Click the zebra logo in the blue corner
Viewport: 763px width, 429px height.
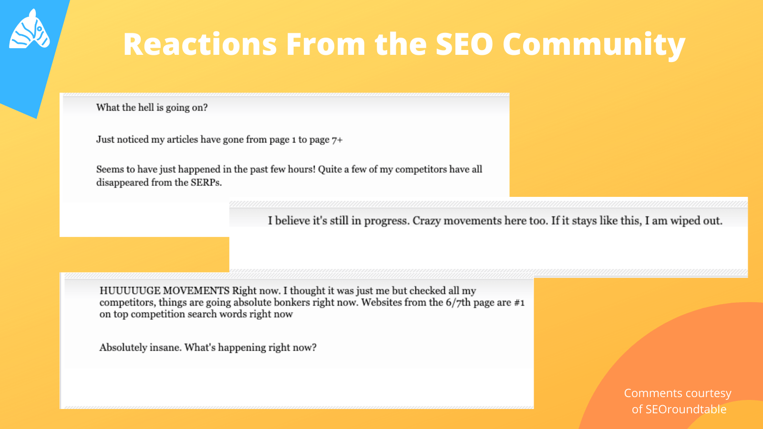point(30,29)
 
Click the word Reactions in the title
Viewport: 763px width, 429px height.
point(200,44)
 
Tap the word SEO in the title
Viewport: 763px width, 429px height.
point(464,44)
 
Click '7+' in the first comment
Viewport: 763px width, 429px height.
point(337,140)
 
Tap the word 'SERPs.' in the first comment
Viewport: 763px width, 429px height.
point(206,183)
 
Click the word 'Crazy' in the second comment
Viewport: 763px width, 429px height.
point(427,221)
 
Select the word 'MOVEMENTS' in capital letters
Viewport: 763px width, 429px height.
point(196,291)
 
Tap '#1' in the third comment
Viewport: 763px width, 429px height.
point(519,302)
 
